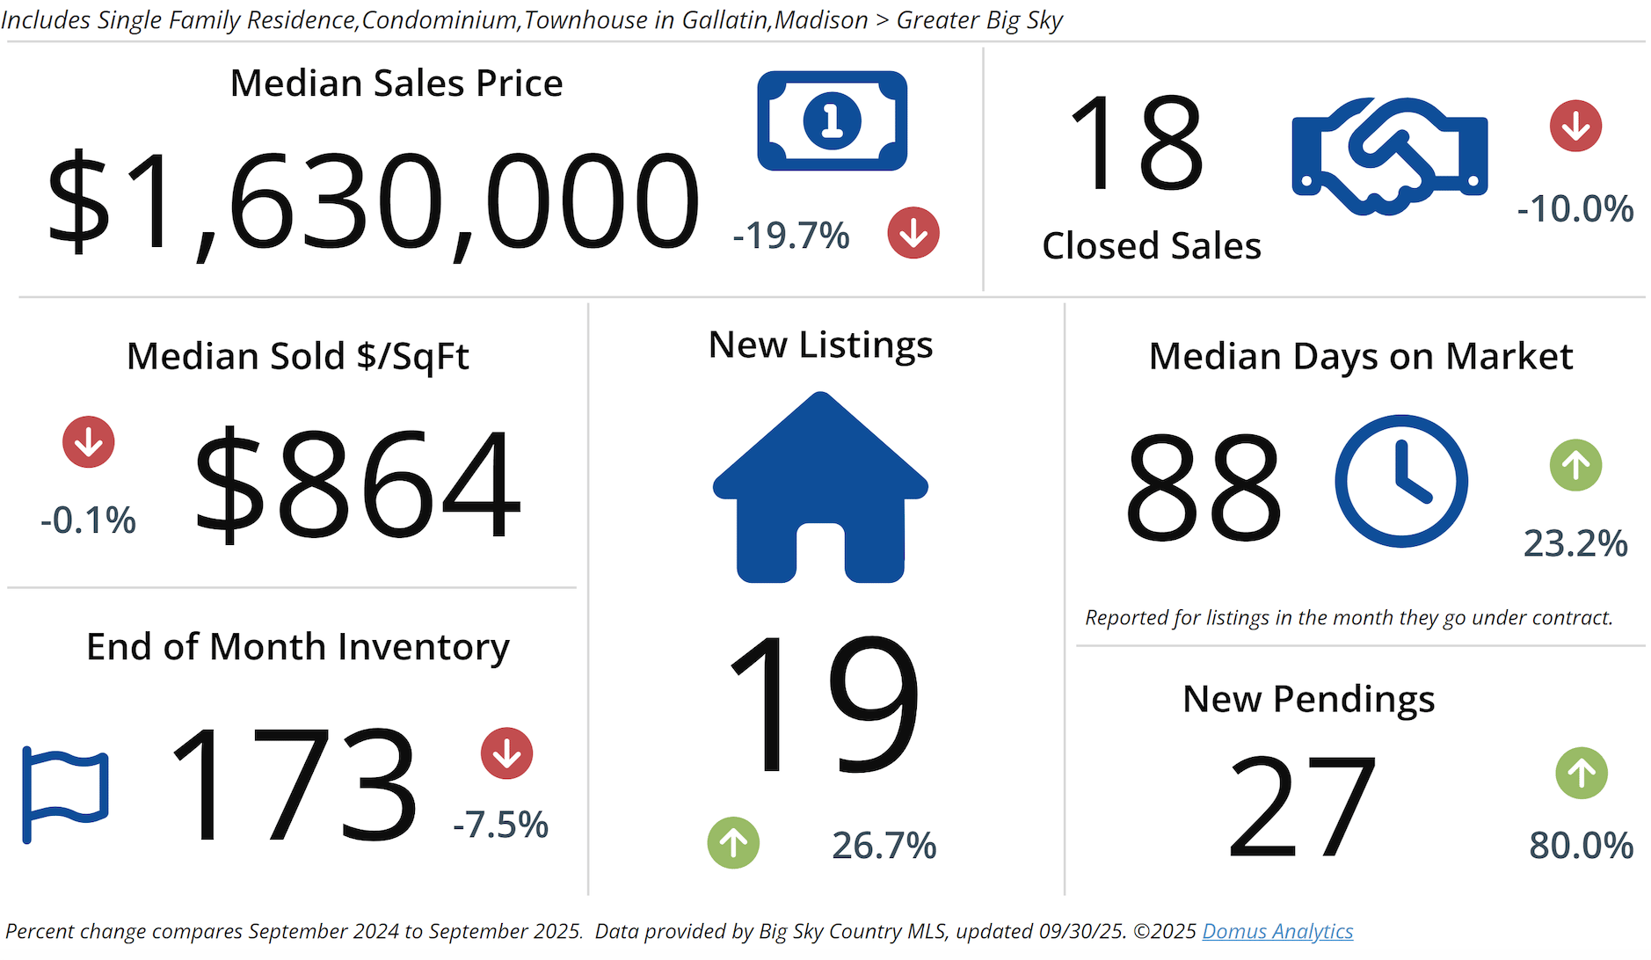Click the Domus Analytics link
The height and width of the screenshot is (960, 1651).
click(1276, 931)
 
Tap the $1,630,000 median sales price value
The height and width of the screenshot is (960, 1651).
click(373, 203)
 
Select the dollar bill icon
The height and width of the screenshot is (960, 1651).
click(832, 120)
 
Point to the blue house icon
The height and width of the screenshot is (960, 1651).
click(820, 488)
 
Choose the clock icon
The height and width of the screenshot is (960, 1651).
click(1400, 481)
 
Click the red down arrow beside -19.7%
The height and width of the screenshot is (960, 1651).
click(913, 233)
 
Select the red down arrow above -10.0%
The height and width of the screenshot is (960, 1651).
click(1575, 126)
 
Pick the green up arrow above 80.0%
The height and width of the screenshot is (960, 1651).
click(1581, 773)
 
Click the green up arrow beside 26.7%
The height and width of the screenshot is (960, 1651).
click(733, 843)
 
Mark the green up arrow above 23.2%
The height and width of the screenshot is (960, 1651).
click(1575, 465)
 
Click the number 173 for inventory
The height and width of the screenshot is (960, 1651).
click(293, 784)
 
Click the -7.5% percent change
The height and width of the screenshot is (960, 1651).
click(500, 825)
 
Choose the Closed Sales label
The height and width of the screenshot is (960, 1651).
click(1152, 245)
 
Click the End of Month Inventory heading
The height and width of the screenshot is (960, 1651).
click(297, 647)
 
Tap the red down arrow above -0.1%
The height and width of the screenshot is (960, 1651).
click(89, 441)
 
